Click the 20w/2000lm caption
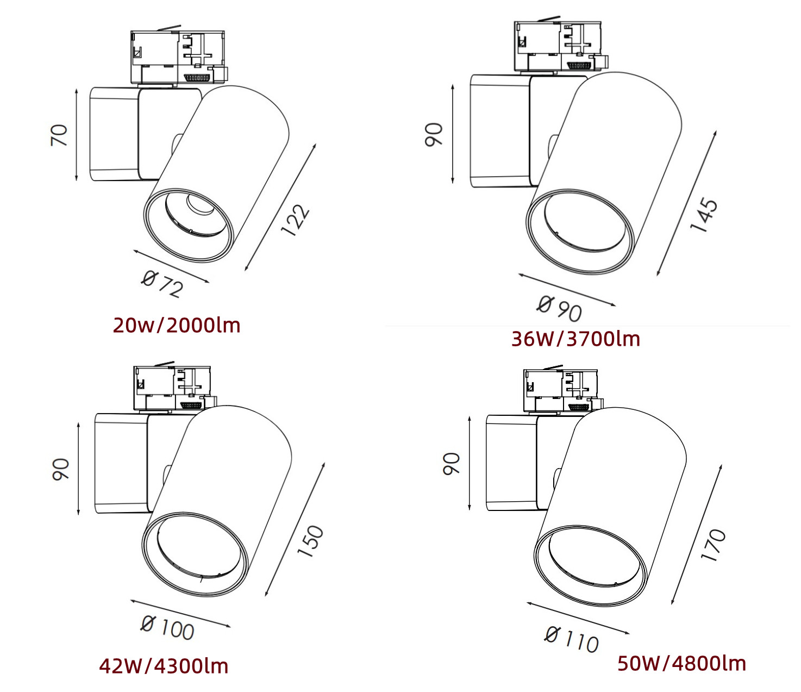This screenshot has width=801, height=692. [177, 325]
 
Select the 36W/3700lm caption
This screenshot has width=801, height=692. [575, 339]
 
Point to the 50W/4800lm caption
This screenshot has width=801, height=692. [681, 663]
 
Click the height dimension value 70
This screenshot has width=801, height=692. [59, 135]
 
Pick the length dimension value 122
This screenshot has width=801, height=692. [295, 220]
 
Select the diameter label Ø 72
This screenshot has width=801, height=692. [162, 284]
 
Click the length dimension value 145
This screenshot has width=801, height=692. [704, 215]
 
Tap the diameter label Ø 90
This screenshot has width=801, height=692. [559, 309]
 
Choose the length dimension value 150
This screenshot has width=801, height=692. [310, 541]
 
